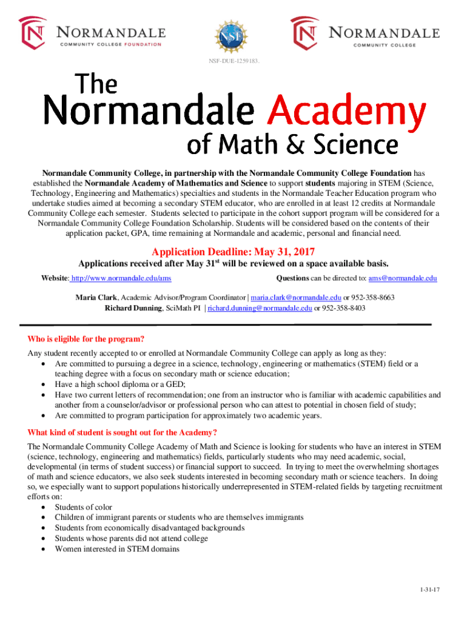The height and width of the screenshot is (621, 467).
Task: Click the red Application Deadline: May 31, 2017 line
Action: click(x=233, y=252)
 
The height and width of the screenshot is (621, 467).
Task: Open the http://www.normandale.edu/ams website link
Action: click(x=121, y=278)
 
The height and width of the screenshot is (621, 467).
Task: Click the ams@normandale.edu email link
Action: click(x=403, y=278)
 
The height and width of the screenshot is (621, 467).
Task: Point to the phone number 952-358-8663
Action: click(x=373, y=298)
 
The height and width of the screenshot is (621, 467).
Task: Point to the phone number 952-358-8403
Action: click(x=343, y=308)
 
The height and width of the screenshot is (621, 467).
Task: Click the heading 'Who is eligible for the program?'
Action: click(x=86, y=339)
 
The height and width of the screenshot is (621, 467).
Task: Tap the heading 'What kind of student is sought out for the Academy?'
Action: click(x=123, y=432)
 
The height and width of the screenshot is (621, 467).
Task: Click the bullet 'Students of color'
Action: click(x=83, y=507)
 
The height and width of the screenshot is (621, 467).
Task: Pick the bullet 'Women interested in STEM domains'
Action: click(x=117, y=549)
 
